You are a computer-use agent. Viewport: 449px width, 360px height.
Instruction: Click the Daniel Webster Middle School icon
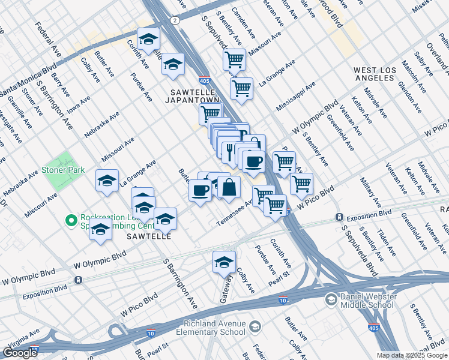click(x=331, y=299)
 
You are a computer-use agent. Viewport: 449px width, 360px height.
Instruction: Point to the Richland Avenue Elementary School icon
click(x=255, y=327)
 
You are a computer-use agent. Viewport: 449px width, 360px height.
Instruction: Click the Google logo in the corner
click(x=20, y=353)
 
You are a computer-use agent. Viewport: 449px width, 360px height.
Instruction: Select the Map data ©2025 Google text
click(x=412, y=355)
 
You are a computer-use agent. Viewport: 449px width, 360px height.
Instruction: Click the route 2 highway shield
click(x=174, y=20)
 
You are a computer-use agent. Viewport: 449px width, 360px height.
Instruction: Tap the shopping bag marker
click(x=229, y=187)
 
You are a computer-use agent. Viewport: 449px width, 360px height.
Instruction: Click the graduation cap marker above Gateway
click(x=224, y=262)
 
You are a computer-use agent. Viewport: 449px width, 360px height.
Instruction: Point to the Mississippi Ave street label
click(x=295, y=97)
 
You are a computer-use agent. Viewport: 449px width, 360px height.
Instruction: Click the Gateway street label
click(x=229, y=287)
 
